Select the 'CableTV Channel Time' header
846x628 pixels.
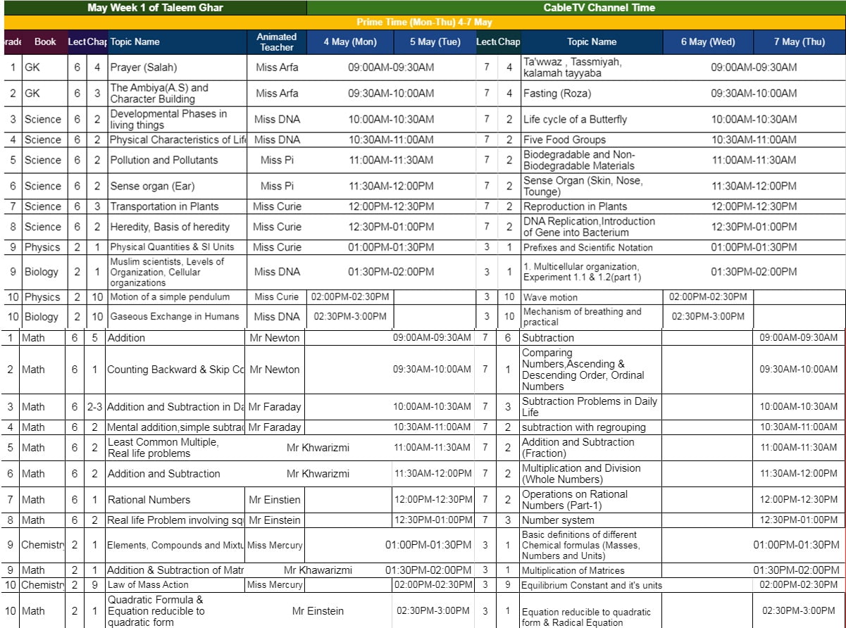[x=589, y=8]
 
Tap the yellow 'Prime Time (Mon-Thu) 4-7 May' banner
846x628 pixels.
[x=424, y=23]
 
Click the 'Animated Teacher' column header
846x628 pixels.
[x=277, y=42]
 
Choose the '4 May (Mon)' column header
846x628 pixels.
[x=350, y=42]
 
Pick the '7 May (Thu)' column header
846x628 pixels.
[x=799, y=42]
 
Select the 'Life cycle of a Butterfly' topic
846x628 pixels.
[x=575, y=119]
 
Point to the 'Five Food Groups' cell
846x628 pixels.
[x=564, y=139]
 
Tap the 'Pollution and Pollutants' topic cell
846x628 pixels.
[x=163, y=160]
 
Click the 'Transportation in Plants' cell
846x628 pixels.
[x=164, y=206]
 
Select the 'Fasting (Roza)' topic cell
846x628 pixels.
[x=556, y=93]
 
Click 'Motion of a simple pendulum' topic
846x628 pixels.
[x=169, y=296]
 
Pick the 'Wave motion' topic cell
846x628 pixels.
[x=550, y=297]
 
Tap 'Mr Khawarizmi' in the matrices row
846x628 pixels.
[x=318, y=570]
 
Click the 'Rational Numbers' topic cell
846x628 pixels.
[x=149, y=500]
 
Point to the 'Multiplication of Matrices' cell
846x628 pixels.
[x=573, y=570]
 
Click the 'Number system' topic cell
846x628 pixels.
[x=558, y=520]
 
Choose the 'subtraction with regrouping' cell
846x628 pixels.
[x=583, y=427]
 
